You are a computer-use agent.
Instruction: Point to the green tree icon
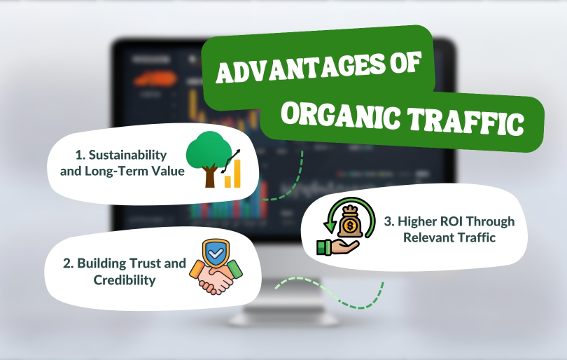click(209, 159)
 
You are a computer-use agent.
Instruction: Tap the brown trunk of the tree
click(210, 176)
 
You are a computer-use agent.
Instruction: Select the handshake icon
click(216, 277)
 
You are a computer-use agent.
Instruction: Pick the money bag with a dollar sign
click(350, 222)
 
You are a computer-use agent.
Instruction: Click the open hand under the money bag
click(337, 247)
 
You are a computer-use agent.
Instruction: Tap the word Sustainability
click(127, 155)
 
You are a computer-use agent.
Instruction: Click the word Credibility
click(125, 279)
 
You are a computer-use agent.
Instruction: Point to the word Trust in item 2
click(145, 263)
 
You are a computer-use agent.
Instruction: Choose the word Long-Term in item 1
click(116, 171)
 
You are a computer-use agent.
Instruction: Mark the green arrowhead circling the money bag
click(329, 226)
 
